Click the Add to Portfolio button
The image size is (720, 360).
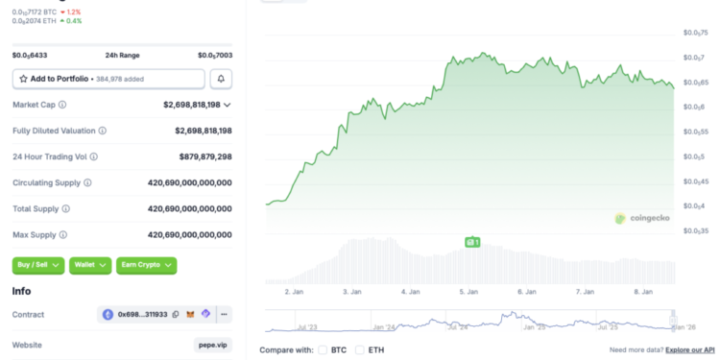click(108, 79)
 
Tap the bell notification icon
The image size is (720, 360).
click(221, 79)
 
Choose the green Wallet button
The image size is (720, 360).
click(90, 265)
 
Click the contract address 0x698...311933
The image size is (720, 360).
click(142, 314)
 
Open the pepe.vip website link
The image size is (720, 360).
click(212, 345)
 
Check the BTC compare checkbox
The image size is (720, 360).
click(323, 349)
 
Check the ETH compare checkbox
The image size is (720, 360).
click(360, 349)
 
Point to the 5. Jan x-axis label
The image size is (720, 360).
click(468, 291)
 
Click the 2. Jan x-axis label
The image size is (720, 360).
click(295, 291)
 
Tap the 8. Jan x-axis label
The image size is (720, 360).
click(642, 291)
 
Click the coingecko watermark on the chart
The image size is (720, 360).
click(642, 219)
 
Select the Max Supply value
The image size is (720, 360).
click(190, 234)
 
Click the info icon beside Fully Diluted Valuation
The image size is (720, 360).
click(103, 131)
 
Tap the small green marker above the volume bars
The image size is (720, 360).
click(471, 243)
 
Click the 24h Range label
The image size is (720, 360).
click(122, 56)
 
